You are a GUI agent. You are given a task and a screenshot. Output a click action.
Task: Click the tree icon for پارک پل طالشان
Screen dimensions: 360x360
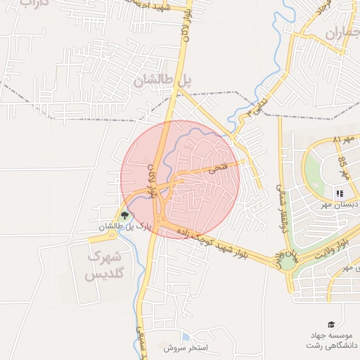tap(124, 215)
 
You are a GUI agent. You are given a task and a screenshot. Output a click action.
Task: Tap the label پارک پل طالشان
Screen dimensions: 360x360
tap(125, 226)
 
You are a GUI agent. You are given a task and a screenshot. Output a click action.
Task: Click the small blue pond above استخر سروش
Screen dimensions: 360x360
tap(185, 336)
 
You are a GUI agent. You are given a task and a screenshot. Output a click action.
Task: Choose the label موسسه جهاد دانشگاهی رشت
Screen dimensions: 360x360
tap(331, 340)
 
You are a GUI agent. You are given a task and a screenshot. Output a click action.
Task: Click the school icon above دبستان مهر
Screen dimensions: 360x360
tap(339, 193)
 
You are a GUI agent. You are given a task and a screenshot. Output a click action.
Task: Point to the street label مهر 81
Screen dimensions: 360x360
tap(347, 140)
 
